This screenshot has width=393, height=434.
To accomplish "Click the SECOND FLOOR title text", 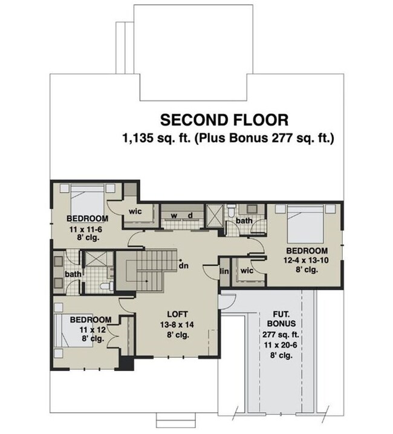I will (224, 119).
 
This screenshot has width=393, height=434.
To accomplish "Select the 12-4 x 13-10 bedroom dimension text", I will (307, 261).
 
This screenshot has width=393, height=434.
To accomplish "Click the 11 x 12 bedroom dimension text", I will (89, 329).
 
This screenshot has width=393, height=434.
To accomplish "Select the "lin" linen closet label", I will (224, 271).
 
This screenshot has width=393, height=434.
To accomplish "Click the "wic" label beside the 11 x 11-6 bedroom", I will (135, 212).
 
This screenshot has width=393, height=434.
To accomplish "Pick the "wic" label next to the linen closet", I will (246, 271).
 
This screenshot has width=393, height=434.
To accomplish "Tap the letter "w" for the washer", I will (173, 216).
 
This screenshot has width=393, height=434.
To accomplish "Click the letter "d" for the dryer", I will (190, 216).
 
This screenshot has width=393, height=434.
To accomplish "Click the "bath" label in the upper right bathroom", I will (244, 221).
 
